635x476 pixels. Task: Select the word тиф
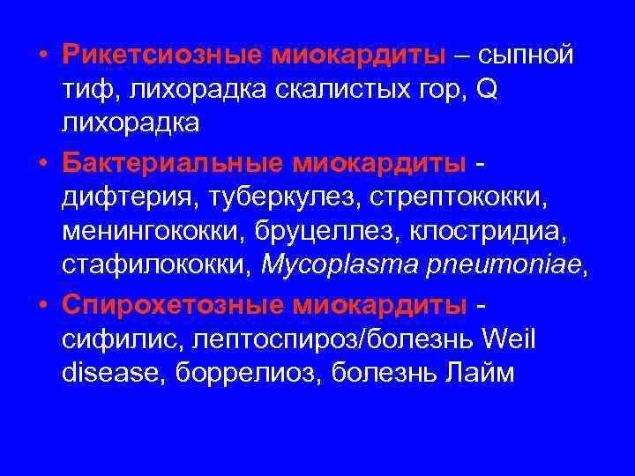click(81, 89)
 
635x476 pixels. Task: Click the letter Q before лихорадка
click(486, 89)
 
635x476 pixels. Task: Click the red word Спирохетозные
click(170, 304)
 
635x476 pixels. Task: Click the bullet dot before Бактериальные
click(42, 164)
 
